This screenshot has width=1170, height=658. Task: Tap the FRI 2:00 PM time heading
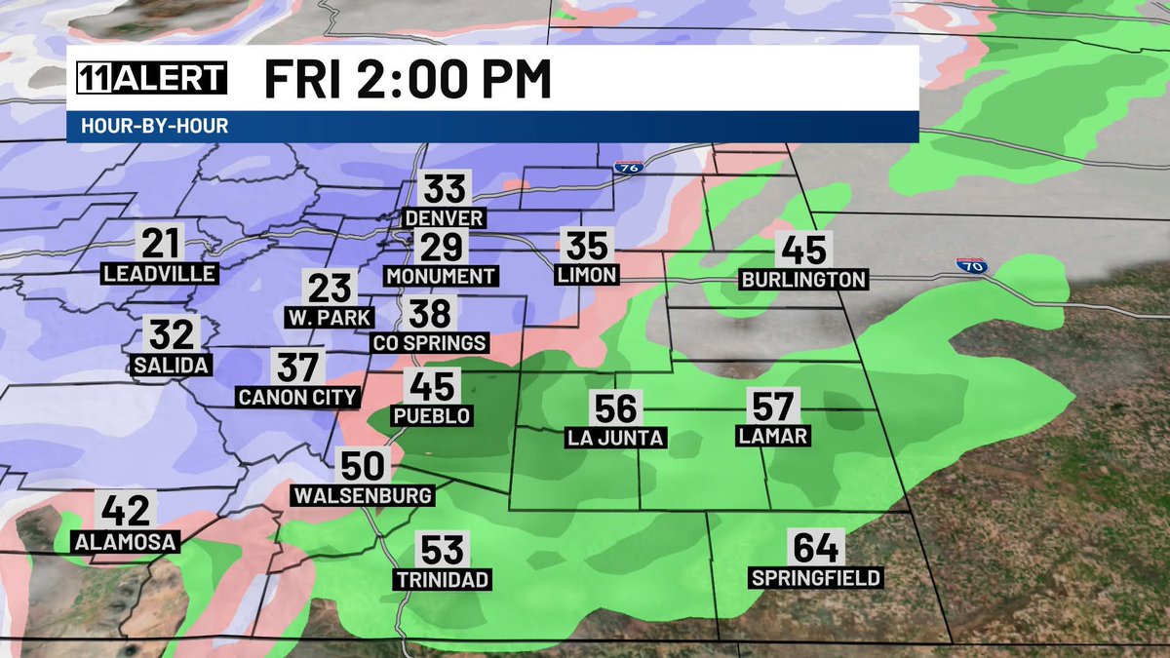[408, 80]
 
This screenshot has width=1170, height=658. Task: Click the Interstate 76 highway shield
[627, 167]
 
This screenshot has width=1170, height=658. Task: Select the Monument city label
[442, 276]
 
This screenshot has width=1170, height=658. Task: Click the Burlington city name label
[803, 280]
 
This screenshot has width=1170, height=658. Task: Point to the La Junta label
[615, 438]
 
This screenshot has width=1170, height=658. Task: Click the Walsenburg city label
[363, 495]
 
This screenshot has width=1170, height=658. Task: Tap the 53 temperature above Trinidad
[443, 549]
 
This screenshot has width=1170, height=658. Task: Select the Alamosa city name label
[126, 542]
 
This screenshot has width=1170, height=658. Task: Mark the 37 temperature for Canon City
[297, 368]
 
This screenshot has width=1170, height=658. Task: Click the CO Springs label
[430, 343]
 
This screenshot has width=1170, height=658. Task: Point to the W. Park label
[330, 318]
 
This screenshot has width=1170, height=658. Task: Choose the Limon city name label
[587, 276]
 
